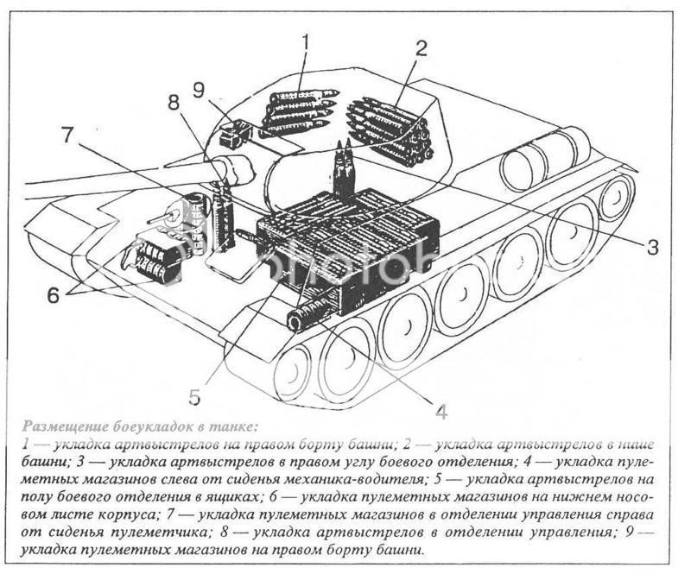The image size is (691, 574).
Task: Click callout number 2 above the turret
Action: tap(422, 47)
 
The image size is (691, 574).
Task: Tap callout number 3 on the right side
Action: tap(652, 247)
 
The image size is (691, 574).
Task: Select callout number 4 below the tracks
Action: tap(441, 411)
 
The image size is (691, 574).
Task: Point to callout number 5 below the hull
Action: tap(194, 397)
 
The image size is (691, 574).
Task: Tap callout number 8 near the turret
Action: tap(174, 102)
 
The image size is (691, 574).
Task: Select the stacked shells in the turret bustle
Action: tap(390, 129)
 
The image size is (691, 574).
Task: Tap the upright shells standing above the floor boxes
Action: tap(344, 173)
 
